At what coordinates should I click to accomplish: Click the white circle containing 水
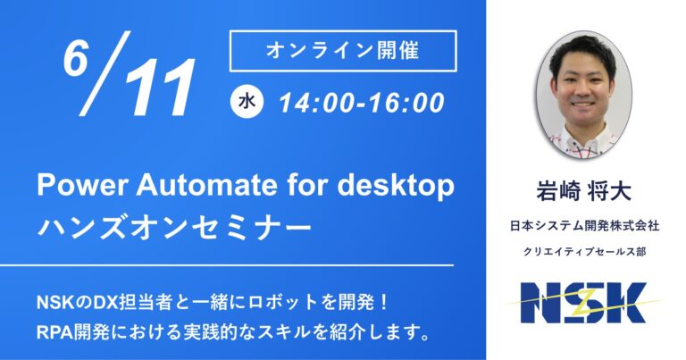click(x=247, y=103)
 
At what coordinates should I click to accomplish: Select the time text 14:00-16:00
click(x=362, y=104)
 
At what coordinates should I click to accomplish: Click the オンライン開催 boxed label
click(x=343, y=51)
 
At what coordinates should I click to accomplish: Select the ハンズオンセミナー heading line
click(x=174, y=228)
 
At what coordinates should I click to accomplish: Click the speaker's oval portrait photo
click(x=584, y=94)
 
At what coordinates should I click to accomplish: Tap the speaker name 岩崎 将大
click(x=584, y=191)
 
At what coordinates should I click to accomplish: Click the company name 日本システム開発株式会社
click(x=584, y=226)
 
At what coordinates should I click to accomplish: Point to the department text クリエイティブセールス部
click(x=584, y=252)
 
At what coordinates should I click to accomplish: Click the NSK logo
click(x=584, y=303)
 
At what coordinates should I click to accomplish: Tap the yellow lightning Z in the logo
click(x=586, y=303)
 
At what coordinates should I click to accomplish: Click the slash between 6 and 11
click(x=105, y=73)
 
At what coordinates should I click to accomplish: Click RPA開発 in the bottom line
click(x=62, y=333)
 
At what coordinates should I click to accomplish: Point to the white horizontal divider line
click(x=227, y=265)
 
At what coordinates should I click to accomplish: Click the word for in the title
click(x=306, y=186)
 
